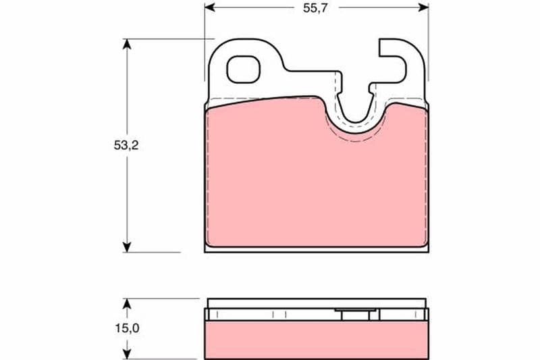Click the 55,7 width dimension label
click(315, 8)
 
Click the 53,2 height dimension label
click(126, 145)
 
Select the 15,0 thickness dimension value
click(127, 328)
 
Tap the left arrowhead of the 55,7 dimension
click(210, 7)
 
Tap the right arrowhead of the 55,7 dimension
click(423, 7)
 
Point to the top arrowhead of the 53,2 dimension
click(127, 44)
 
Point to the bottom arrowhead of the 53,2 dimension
click(127, 247)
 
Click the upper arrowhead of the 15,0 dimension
click(127, 303)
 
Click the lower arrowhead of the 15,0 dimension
click(127, 354)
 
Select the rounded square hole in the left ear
click(243, 70)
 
